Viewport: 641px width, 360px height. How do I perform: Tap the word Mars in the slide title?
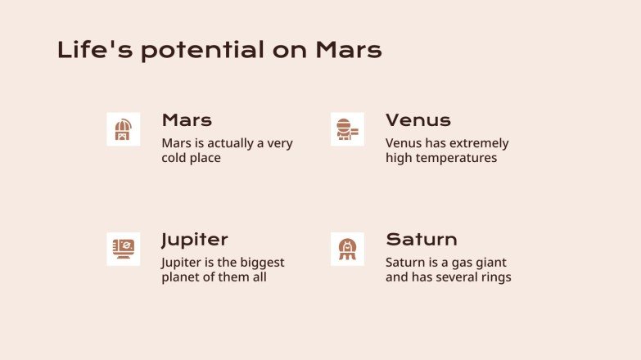click(x=349, y=50)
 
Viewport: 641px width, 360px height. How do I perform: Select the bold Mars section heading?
click(x=187, y=120)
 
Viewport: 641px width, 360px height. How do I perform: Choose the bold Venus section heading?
click(x=418, y=120)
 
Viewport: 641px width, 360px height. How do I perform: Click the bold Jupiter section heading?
click(x=194, y=240)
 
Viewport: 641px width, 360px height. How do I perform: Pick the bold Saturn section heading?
click(x=421, y=240)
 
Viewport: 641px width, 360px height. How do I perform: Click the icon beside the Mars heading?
click(x=123, y=129)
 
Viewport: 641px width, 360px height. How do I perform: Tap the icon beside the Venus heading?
click(x=347, y=129)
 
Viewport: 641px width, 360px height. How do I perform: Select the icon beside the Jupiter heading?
click(x=123, y=249)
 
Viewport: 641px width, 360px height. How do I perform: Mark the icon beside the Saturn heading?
click(x=347, y=249)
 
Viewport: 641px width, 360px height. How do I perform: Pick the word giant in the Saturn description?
click(x=490, y=263)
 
